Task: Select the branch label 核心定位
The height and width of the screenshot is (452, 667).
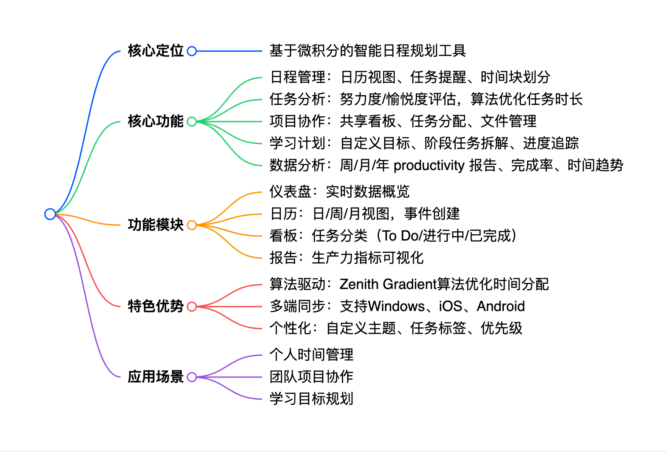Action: coord(155,51)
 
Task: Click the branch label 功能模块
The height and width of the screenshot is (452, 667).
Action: coord(155,225)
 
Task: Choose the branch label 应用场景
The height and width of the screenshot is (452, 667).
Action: coord(155,377)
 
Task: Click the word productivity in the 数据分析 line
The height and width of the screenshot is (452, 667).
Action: coord(429,166)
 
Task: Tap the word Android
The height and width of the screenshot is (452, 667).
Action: coord(501,306)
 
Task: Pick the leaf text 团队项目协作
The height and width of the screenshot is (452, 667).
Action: coord(312,377)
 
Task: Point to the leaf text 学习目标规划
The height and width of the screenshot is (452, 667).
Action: coord(312,399)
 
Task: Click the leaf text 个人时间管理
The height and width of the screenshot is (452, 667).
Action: coord(312,355)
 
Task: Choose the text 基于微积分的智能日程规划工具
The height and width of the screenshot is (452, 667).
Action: coord(368,51)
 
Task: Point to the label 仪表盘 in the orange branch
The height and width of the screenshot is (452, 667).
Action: coord(290,192)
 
